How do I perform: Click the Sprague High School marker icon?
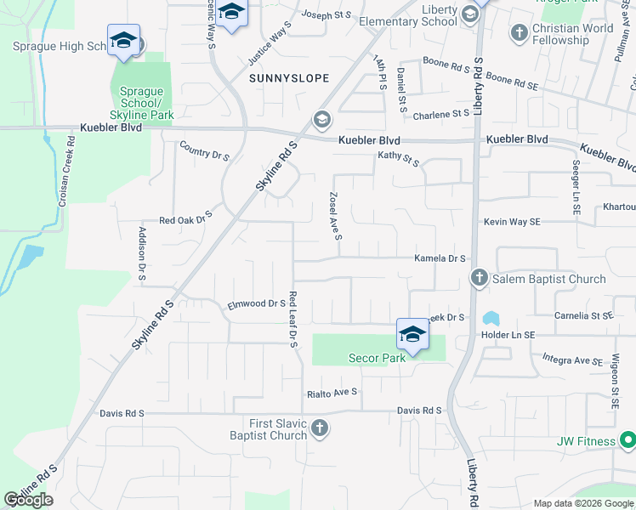(x=124, y=41)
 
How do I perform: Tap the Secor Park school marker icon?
(x=412, y=334)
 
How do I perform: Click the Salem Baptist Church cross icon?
(x=479, y=278)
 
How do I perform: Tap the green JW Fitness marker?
(x=627, y=440)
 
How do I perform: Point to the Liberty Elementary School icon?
(x=471, y=14)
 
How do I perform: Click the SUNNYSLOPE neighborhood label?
(x=288, y=78)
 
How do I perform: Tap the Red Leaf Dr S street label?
(x=292, y=320)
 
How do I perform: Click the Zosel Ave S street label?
(x=333, y=214)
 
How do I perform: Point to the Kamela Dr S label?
(x=440, y=258)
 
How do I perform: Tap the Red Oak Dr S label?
(x=185, y=219)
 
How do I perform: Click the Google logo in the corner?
(x=28, y=500)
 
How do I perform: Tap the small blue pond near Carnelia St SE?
(x=491, y=319)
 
